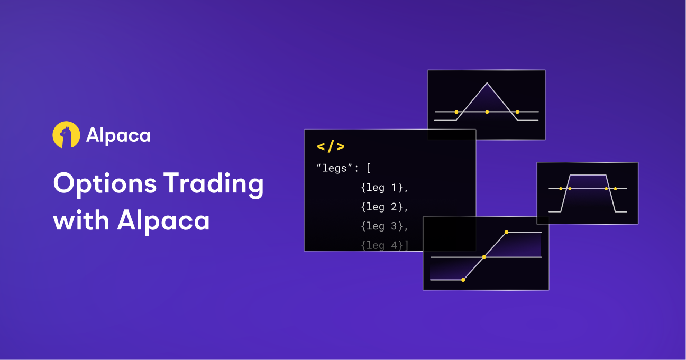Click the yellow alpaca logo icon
(x=66, y=135)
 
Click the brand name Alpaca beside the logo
(x=118, y=136)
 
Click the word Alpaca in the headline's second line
(x=163, y=220)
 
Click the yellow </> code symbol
(x=331, y=147)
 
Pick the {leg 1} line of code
(x=385, y=188)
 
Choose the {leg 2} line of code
(x=385, y=207)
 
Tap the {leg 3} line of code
(x=385, y=226)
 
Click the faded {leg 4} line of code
(x=385, y=245)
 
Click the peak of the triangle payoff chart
(x=487, y=83)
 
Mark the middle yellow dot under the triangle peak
(x=487, y=112)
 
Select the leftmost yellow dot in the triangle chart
(x=456, y=112)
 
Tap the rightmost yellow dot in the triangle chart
(x=517, y=112)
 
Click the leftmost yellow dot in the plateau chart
(x=561, y=189)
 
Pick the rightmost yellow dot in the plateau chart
(x=615, y=189)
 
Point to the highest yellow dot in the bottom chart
(x=506, y=232)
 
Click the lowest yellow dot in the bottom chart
(x=463, y=280)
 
